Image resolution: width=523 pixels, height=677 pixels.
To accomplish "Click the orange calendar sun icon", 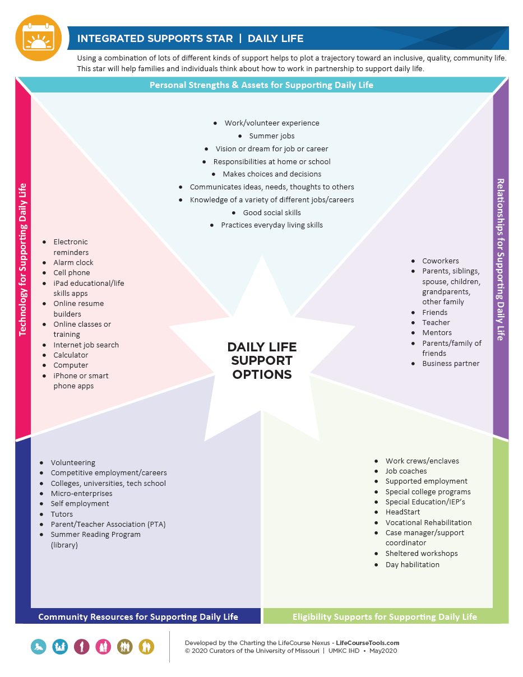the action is tap(38, 38).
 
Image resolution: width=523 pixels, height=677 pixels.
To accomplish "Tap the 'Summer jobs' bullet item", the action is tap(272, 136).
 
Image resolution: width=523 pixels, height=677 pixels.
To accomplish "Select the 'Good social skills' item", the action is tap(272, 212).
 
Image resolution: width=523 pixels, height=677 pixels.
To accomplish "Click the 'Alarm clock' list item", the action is tap(73, 262).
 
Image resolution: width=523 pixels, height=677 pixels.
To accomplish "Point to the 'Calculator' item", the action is tap(71, 355).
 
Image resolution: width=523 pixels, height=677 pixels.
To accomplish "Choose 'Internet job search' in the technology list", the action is tap(86, 345).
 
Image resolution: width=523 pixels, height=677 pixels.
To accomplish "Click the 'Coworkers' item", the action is tap(441, 261).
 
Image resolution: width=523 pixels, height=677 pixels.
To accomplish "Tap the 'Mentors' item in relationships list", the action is tap(437, 332).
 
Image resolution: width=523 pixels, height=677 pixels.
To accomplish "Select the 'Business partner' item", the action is tap(451, 363).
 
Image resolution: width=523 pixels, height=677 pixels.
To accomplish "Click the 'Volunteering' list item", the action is tap(73, 463).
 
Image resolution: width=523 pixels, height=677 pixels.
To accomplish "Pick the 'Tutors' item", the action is tap(62, 514).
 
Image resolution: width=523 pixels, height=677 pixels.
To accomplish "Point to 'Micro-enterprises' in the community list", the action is tap(82, 494).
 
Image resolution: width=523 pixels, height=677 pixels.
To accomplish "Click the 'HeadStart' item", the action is tap(402, 512).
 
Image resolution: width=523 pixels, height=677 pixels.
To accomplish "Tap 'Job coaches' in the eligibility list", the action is tap(406, 471).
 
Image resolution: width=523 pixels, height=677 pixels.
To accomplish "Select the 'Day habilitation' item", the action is tap(413, 564).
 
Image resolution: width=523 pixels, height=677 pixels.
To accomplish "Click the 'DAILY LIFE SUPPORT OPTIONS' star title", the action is tap(262, 360).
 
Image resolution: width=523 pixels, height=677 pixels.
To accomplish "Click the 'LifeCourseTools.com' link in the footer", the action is tap(367, 643).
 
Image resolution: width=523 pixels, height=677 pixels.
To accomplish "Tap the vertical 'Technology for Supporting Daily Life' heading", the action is tap(23, 260).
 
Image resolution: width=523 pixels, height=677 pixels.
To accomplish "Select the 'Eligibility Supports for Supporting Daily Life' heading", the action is tap(385, 616).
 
